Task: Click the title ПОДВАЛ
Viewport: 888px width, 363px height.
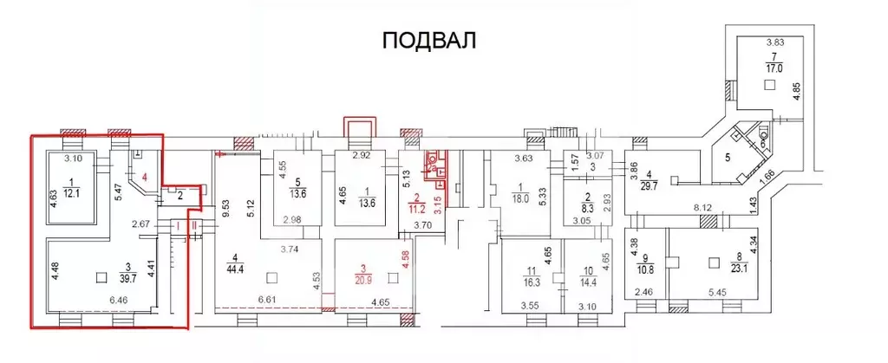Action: coord(430,41)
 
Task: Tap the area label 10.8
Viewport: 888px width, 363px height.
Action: coord(645,268)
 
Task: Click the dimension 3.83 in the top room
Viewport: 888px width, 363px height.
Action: coord(774,42)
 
